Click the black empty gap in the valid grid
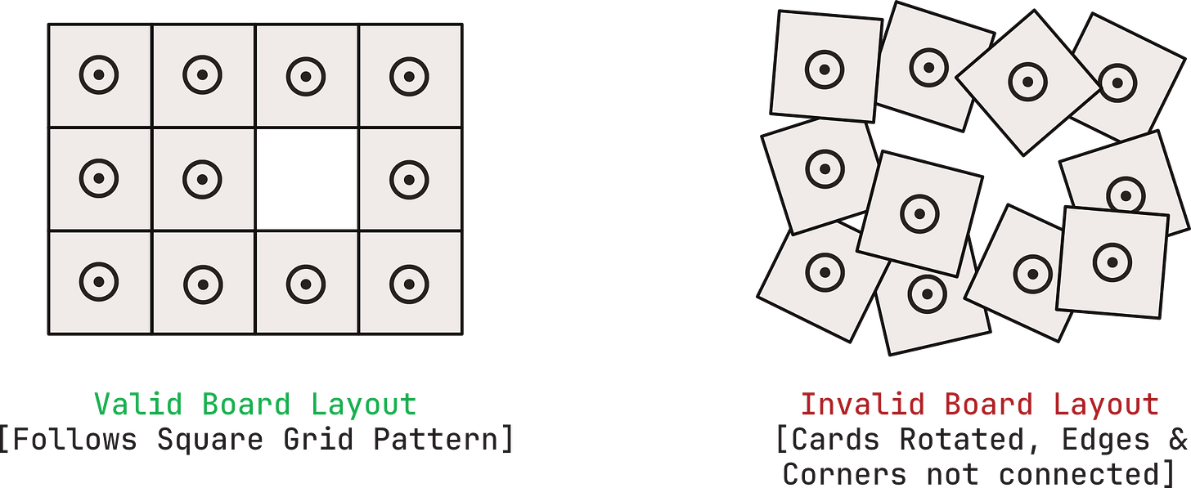[307, 179]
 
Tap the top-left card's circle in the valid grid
[99, 76]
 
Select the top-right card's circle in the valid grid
[409, 76]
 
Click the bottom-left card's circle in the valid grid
[99, 281]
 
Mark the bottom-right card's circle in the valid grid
[409, 282]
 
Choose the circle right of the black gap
[409, 179]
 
